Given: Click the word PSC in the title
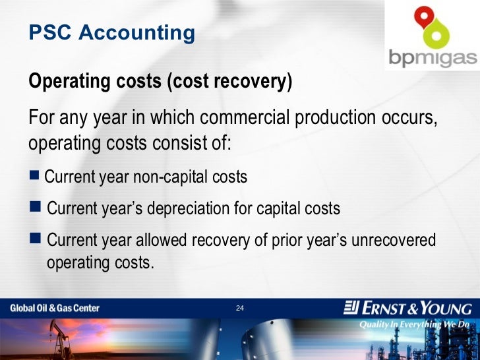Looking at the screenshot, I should [x=50, y=32].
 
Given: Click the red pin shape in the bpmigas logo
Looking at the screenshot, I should [x=421, y=16].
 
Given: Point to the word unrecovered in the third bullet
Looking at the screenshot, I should [x=394, y=240].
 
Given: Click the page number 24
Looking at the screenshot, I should [x=240, y=309].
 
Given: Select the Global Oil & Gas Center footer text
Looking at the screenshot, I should [x=54, y=308].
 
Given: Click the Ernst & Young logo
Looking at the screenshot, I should [x=407, y=308].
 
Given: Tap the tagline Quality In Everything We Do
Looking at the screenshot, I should [x=414, y=324].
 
